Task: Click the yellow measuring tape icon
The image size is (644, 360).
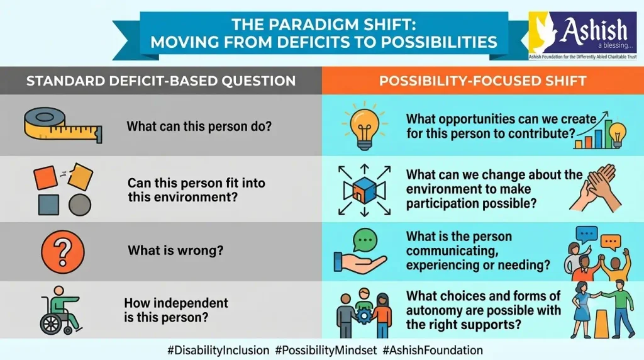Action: tap(63, 125)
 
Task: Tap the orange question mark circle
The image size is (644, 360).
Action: tap(63, 252)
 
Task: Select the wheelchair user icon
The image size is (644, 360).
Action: tap(60, 310)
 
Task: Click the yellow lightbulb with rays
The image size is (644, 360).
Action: tap(364, 126)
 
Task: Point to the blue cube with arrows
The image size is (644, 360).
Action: tap(364, 190)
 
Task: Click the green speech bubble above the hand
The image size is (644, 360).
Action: tap(365, 240)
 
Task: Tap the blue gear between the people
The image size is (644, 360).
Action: tap(364, 316)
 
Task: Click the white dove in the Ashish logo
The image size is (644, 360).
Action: tap(544, 33)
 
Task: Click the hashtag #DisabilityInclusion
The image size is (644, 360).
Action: tap(218, 351)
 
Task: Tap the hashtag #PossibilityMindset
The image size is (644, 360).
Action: tap(326, 351)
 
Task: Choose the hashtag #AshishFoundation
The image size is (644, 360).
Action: tap(433, 351)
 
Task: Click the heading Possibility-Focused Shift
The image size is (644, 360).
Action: tap(482, 81)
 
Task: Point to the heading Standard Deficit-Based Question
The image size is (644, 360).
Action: tap(161, 81)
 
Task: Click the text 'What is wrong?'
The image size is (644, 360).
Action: tap(175, 250)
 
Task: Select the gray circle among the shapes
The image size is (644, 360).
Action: tap(80, 205)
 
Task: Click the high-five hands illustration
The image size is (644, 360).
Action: tap(596, 188)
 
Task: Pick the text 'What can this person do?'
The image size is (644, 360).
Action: tap(199, 126)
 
